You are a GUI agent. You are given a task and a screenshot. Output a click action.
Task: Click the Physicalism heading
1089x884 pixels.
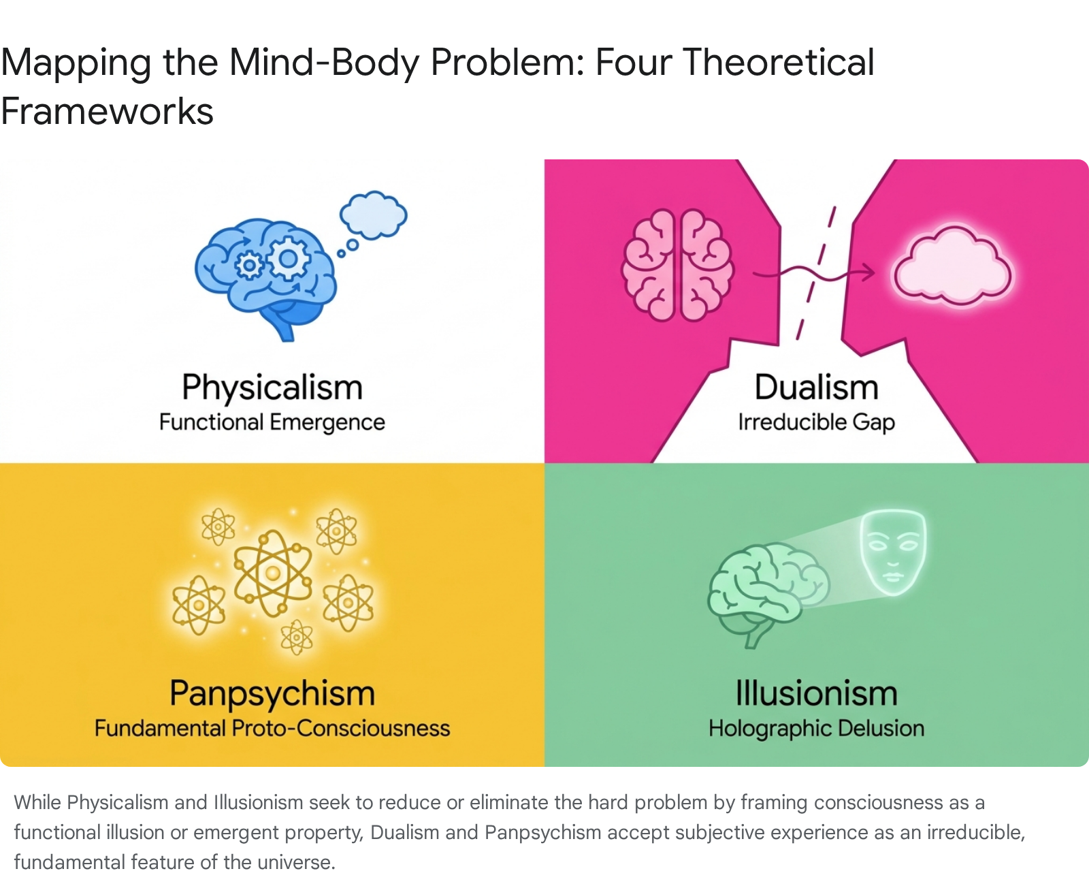pos(272,388)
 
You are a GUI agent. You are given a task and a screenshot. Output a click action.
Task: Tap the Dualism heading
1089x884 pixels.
pos(817,388)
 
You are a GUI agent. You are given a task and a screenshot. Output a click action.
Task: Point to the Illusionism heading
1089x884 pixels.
pos(817,694)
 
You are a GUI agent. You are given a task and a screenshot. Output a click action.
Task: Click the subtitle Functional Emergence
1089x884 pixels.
pos(272,423)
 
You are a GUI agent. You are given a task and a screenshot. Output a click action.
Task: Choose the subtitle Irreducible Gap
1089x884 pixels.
pos(817,423)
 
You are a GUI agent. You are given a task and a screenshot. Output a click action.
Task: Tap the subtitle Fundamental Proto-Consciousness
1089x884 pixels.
pos(272,729)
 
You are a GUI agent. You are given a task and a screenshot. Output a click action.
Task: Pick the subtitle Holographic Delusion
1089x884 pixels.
pos(817,729)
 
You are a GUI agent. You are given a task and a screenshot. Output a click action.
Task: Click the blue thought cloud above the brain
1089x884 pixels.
pos(373,215)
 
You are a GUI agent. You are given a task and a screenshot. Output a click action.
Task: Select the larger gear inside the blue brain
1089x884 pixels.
pos(288,258)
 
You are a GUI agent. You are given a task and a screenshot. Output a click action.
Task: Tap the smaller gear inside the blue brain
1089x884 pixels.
pos(250,265)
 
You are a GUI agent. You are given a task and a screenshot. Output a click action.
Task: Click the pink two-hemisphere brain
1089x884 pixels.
pos(677,265)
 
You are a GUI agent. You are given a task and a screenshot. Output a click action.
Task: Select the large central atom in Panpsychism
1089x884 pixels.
pos(272,573)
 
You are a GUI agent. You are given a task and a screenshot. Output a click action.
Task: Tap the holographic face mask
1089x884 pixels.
pos(893,552)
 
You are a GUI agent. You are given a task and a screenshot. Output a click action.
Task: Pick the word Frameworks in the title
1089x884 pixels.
pos(107,111)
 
